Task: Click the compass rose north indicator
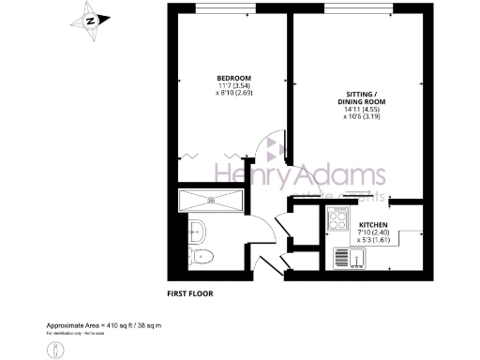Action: pyautogui.click(x=90, y=20)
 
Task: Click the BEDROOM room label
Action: pyautogui.click(x=232, y=78)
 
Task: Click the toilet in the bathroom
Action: pyautogui.click(x=202, y=257)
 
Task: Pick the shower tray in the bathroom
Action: pyautogui.click(x=211, y=198)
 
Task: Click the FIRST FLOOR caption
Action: pyautogui.click(x=190, y=293)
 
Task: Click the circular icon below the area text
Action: pyautogui.click(x=56, y=347)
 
